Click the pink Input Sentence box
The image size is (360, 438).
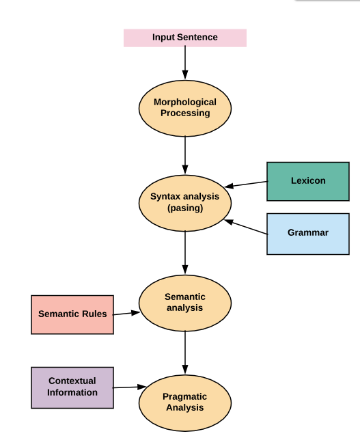point(185,38)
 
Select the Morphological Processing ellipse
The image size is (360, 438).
point(185,109)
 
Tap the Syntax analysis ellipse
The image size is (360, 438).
point(185,203)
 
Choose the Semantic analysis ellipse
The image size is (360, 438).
point(185,303)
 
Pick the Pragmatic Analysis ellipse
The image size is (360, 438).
point(185,402)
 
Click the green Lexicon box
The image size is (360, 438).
point(308,181)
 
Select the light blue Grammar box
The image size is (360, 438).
point(308,234)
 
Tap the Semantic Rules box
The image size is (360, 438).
point(72,314)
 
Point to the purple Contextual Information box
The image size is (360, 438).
point(72,387)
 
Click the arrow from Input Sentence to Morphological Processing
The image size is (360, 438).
point(185,63)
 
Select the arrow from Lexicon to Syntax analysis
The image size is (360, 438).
point(246,184)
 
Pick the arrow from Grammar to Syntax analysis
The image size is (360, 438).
point(246,227)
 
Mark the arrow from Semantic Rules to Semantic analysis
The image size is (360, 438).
point(126,314)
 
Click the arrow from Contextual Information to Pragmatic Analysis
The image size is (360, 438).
point(129,387)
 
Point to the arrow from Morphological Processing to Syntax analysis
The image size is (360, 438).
point(185,155)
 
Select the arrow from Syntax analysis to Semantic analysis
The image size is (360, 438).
point(185,253)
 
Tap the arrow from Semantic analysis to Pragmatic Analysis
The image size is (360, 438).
point(185,353)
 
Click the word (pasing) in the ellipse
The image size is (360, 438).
point(185,208)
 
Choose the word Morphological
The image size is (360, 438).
point(185,102)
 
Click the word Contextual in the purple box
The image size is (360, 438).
point(72,381)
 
